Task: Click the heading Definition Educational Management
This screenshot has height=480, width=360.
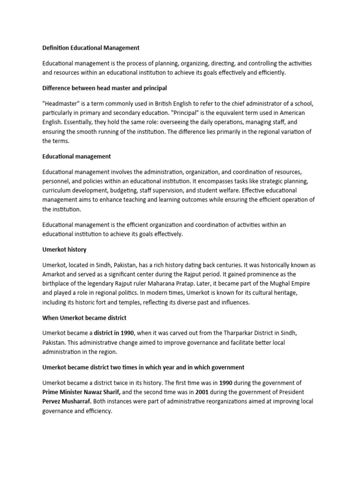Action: [x=90, y=48]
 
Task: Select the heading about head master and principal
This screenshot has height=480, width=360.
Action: [x=104, y=88]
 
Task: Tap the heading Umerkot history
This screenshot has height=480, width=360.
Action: [x=64, y=250]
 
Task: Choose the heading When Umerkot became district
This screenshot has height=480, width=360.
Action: [x=84, y=318]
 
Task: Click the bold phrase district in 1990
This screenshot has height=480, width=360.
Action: [x=113, y=333]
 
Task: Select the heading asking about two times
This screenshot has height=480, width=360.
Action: [x=143, y=367]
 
